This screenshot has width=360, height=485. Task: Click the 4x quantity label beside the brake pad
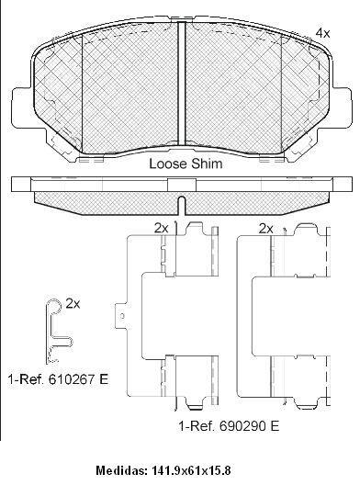tap(322, 32)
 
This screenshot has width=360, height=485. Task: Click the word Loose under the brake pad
tap(167, 164)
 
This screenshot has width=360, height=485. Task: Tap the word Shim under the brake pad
tap(206, 164)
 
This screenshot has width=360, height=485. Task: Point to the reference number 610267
tap(72, 379)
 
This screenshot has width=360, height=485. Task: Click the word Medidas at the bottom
tap(120, 470)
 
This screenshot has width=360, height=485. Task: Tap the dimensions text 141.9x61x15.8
tap(190, 470)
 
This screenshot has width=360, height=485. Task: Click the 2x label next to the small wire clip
tap(73, 304)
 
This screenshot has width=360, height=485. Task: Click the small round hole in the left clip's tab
tap(122, 316)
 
